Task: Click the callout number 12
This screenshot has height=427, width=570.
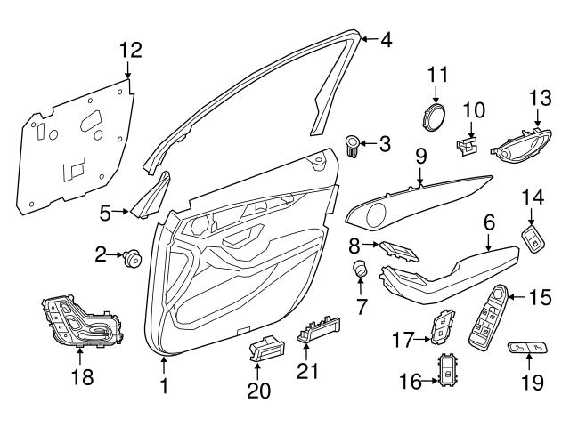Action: pos(131,50)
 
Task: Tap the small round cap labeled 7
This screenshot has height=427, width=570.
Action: pos(362,268)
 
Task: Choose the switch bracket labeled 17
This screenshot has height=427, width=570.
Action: pos(443,327)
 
